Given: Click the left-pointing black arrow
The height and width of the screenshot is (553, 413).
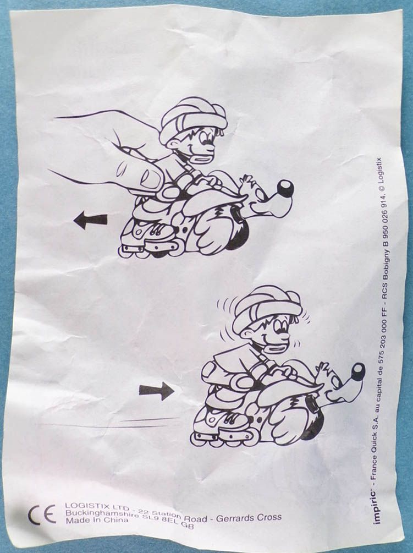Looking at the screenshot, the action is click(91, 221).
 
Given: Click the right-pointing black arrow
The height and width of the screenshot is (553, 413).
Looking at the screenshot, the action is click(157, 391).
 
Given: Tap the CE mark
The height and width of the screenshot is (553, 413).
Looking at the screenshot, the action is click(42, 515).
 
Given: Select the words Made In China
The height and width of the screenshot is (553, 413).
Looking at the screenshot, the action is click(97, 520).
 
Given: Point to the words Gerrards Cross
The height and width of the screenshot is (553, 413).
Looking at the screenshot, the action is click(249, 518).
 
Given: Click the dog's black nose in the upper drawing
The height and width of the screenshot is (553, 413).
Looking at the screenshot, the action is click(285, 188).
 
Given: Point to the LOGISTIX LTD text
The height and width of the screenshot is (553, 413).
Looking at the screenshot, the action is click(98, 507).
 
